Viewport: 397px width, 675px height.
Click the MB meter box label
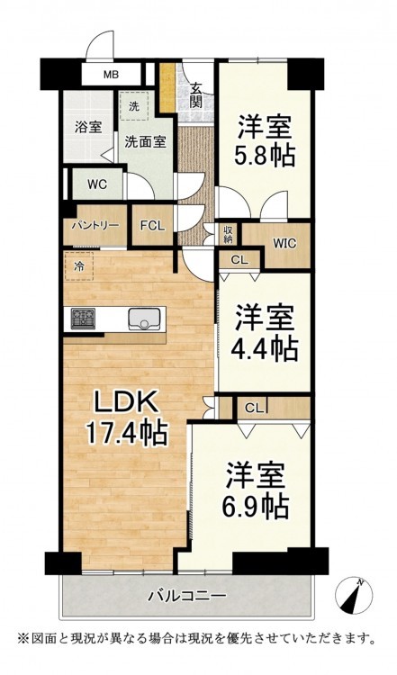pos(111,75)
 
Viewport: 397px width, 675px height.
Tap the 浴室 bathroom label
pos(88,128)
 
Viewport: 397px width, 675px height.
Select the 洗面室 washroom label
pos(145,142)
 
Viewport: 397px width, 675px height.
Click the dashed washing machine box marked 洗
pos(134,106)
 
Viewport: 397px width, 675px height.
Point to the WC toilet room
pos(97,184)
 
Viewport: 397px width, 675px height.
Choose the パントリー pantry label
pos(95,225)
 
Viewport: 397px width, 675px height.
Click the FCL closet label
pos(152,226)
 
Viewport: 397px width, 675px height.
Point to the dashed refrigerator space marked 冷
pos(79,266)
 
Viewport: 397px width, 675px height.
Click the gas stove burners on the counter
pos(83,319)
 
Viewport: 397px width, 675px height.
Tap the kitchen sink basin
pos(147,319)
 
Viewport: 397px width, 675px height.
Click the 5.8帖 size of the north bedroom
pos(265,156)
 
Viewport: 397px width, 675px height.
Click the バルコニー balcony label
pos(187,596)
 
